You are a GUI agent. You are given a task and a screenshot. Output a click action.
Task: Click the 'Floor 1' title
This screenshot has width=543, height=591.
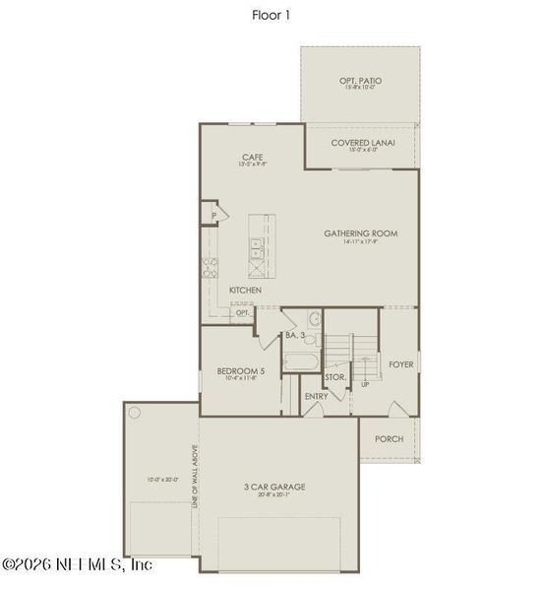click(271, 15)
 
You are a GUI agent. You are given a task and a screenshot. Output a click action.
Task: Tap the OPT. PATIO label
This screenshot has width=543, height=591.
click(361, 80)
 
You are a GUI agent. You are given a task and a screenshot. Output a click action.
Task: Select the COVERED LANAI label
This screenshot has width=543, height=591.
click(362, 143)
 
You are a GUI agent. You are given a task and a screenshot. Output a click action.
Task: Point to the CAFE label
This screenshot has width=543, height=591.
click(252, 158)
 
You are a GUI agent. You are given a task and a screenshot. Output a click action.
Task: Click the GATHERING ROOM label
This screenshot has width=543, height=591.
click(361, 233)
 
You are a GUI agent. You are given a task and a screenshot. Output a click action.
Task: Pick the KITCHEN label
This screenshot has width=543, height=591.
click(245, 291)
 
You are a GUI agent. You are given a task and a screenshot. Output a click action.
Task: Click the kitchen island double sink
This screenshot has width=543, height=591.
click(255, 252)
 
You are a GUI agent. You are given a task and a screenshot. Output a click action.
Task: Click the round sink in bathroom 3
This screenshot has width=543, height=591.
click(313, 318)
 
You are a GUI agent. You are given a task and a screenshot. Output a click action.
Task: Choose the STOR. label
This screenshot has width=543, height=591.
click(335, 376)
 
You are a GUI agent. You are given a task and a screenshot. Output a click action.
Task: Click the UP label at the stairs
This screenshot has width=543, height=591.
click(365, 384)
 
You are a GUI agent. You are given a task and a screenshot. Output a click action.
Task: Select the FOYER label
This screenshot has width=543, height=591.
click(400, 364)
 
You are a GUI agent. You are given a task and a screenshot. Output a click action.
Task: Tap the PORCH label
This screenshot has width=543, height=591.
click(389, 438)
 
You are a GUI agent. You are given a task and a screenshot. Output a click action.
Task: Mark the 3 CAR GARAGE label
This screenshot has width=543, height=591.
click(274, 487)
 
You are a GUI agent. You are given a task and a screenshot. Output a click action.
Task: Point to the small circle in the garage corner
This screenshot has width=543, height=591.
click(135, 412)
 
